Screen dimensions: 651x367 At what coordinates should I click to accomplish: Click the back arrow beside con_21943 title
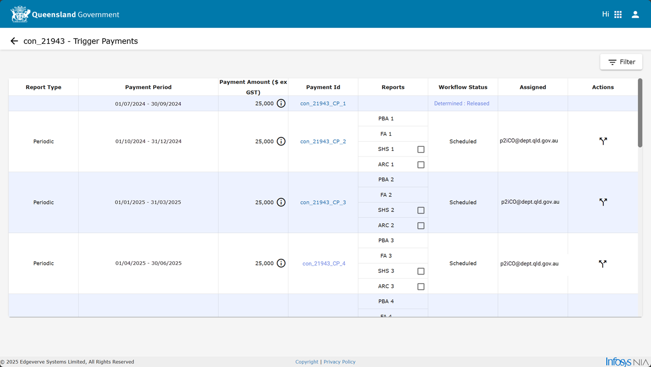click(14, 41)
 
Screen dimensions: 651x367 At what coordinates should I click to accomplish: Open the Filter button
click(621, 62)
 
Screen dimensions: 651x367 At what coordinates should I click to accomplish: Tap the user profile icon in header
click(635, 15)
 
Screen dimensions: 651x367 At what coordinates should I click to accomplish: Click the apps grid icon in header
click(618, 15)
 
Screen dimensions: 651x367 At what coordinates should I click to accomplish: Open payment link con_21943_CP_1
click(323, 104)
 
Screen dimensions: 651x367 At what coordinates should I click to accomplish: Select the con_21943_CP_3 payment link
click(323, 202)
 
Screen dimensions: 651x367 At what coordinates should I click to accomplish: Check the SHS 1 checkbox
click(421, 149)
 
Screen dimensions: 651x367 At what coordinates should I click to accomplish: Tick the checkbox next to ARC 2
click(421, 226)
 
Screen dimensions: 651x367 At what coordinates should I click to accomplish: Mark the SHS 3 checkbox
click(421, 271)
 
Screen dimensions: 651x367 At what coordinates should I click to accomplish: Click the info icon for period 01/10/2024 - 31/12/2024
click(281, 141)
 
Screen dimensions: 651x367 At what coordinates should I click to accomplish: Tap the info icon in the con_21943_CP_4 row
click(281, 263)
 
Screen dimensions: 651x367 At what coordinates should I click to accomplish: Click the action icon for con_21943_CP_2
click(603, 141)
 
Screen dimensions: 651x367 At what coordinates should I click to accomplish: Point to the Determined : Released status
click(461, 103)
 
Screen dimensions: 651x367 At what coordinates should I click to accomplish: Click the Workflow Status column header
click(463, 87)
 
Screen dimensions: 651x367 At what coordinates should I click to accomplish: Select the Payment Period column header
click(148, 87)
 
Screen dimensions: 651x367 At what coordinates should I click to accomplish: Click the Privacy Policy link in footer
click(339, 362)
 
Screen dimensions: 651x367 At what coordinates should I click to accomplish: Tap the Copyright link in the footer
click(307, 362)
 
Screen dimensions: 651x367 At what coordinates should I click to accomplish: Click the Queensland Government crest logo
click(20, 14)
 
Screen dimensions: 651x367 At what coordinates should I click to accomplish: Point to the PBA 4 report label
click(386, 301)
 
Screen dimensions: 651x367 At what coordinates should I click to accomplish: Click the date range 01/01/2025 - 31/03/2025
click(148, 202)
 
